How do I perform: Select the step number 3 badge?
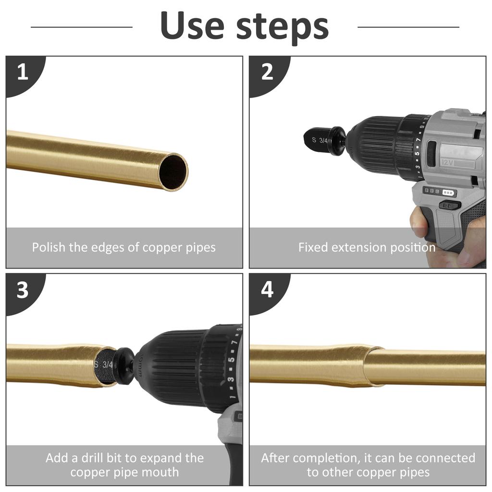pyautogui.click(x=22, y=290)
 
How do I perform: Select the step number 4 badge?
pyautogui.click(x=267, y=290)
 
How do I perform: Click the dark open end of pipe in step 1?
pyautogui.click(x=172, y=172)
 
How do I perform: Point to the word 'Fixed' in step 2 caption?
pyautogui.click(x=313, y=247)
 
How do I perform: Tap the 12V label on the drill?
pyautogui.click(x=448, y=162)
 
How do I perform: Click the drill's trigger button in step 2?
pyautogui.click(x=449, y=205)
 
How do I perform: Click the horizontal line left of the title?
pyautogui.click(x=82, y=27)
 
